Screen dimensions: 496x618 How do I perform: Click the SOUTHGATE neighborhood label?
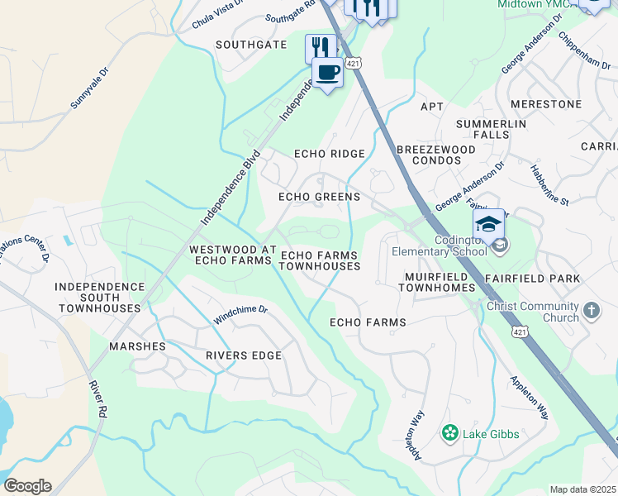click(251, 45)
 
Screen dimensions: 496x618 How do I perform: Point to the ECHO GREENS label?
click(319, 197)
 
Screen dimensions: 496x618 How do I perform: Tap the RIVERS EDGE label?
click(244, 355)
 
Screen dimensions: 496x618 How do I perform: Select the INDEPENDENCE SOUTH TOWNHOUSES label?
click(98, 297)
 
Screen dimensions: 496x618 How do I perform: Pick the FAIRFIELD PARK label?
click(532, 279)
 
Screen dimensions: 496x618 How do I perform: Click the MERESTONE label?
click(546, 104)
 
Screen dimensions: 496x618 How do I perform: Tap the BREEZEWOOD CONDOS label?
click(435, 155)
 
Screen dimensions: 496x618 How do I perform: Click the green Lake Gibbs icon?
click(450, 432)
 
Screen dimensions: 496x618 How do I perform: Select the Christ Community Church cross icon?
click(591, 311)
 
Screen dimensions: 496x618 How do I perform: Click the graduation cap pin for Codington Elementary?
click(488, 225)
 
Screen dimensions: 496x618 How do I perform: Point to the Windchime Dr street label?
click(240, 313)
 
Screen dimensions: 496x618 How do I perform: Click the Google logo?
click(27, 486)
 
